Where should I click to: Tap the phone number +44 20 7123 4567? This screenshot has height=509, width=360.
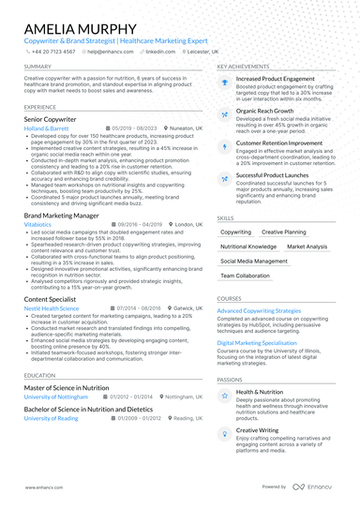[53, 52]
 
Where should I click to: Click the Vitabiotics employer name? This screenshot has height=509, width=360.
[38, 226]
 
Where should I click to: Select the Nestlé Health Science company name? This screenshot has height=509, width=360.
[52, 308]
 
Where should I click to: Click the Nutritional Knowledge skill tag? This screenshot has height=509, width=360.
[248, 247]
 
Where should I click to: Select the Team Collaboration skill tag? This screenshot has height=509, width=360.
[245, 277]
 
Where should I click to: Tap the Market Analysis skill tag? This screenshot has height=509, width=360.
[307, 247]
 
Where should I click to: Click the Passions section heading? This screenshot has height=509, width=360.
[230, 380]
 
